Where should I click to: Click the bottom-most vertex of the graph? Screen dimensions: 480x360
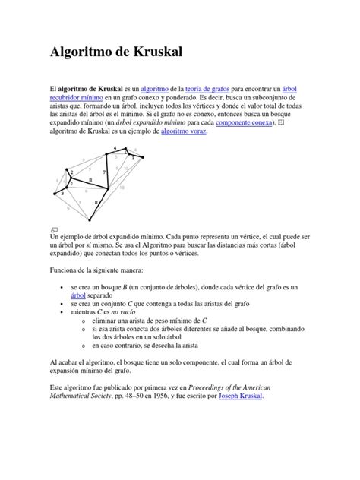coord(96,215)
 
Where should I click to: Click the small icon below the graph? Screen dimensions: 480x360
coord(54,229)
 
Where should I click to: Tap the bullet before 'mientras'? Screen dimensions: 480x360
coord(62,312)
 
